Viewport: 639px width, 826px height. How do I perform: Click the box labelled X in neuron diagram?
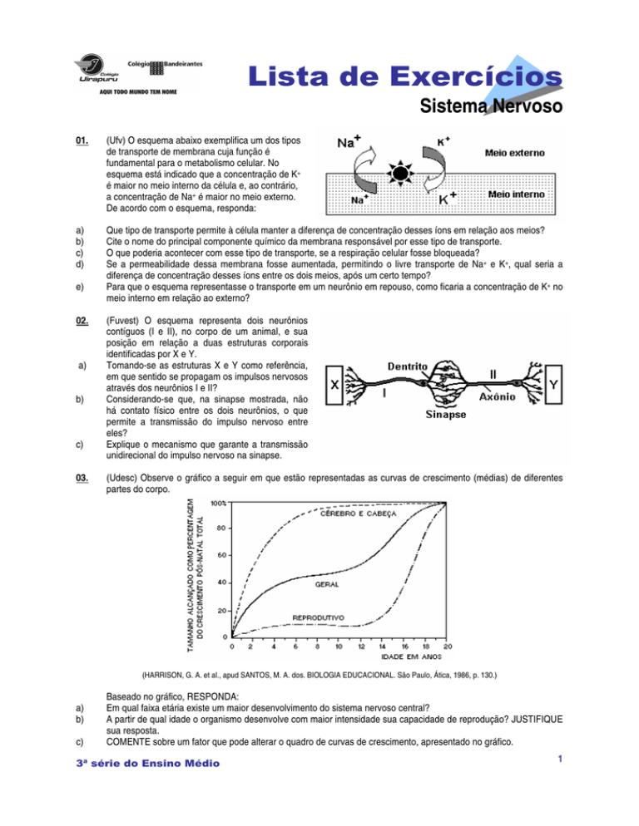click(x=334, y=385)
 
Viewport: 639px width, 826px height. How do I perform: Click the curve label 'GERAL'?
click(x=327, y=584)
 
